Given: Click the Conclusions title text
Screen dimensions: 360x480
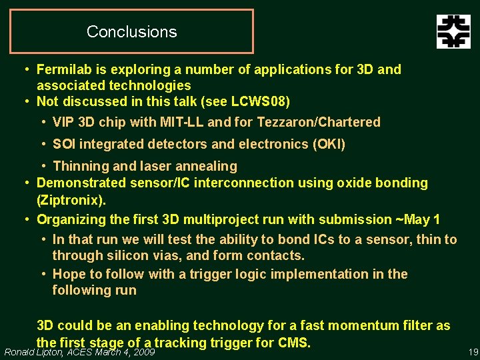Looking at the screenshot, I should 131,31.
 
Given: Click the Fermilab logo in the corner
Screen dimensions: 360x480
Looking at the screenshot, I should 453,31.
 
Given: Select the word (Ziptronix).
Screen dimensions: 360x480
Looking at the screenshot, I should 71,199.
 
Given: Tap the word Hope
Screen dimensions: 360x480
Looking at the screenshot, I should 68,274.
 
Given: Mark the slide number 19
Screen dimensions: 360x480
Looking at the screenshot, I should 473,352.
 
